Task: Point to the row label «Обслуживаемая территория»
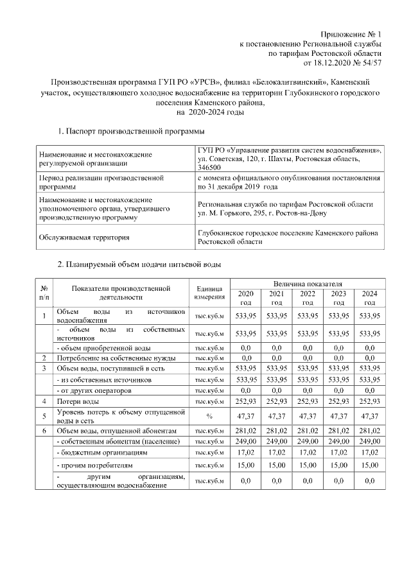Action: tap(83, 238)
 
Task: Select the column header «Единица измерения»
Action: tap(209, 292)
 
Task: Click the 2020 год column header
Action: tap(245, 297)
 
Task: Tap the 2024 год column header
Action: tap(369, 297)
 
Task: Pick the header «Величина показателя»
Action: tap(307, 283)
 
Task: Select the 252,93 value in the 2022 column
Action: tap(308, 401)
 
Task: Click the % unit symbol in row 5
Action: tap(209, 416)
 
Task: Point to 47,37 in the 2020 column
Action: tap(245, 416)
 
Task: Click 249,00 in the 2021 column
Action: tap(276, 442)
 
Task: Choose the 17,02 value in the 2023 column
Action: tap(338, 453)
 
